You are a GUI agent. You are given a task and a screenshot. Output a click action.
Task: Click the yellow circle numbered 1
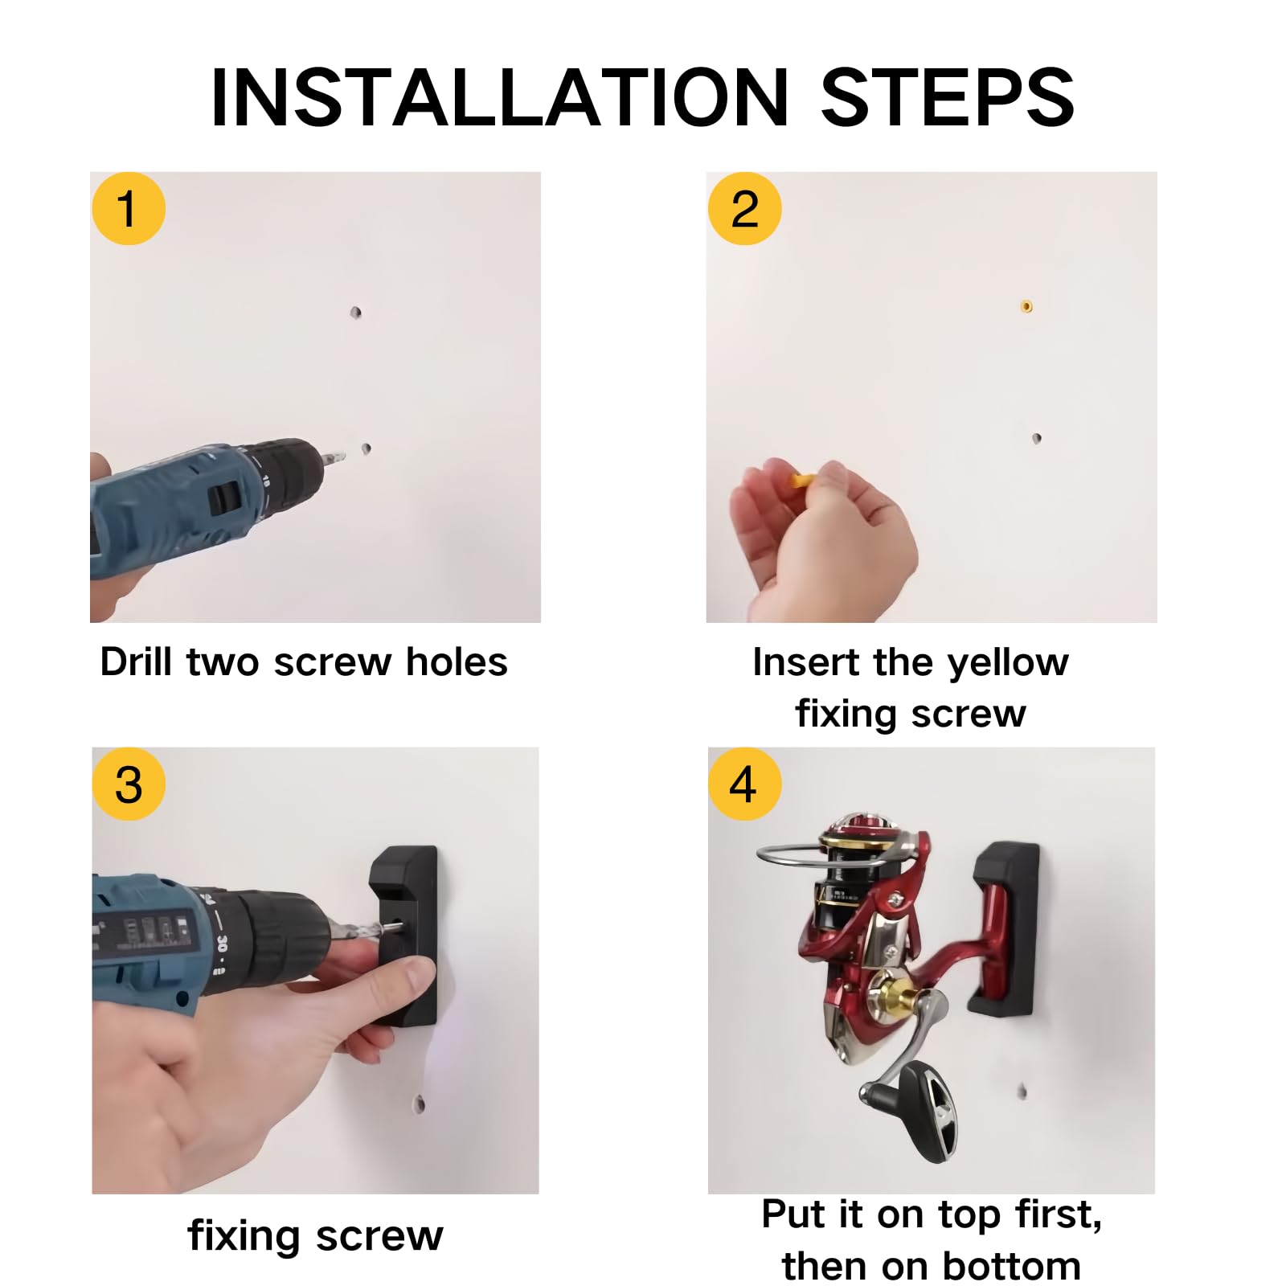[x=129, y=208]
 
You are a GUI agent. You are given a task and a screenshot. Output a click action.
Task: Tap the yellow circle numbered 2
[x=744, y=208]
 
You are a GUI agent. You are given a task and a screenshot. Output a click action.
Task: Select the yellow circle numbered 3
[x=129, y=784]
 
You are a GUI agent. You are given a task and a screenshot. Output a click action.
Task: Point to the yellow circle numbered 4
[x=744, y=784]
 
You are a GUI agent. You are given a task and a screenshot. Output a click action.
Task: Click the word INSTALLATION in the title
[x=499, y=97]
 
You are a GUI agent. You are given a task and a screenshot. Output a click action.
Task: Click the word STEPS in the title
[x=947, y=97]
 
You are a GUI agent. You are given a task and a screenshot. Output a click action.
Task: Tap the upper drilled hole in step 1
[x=355, y=312]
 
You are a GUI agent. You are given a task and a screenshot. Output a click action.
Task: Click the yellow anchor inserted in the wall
[x=1026, y=306]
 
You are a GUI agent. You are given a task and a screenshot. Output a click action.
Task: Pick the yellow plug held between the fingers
[x=801, y=481]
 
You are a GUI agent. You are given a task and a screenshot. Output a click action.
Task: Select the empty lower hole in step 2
[x=1037, y=438]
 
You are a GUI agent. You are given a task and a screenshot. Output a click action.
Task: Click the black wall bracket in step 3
[x=404, y=936]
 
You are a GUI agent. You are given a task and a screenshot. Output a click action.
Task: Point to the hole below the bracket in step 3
[x=420, y=1104]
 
